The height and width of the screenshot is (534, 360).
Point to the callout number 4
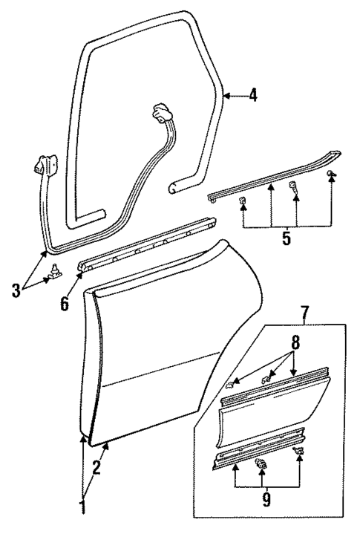(253, 96)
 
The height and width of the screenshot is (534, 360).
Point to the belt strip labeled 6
(148, 245)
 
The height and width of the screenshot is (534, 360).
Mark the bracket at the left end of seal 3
(45, 165)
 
